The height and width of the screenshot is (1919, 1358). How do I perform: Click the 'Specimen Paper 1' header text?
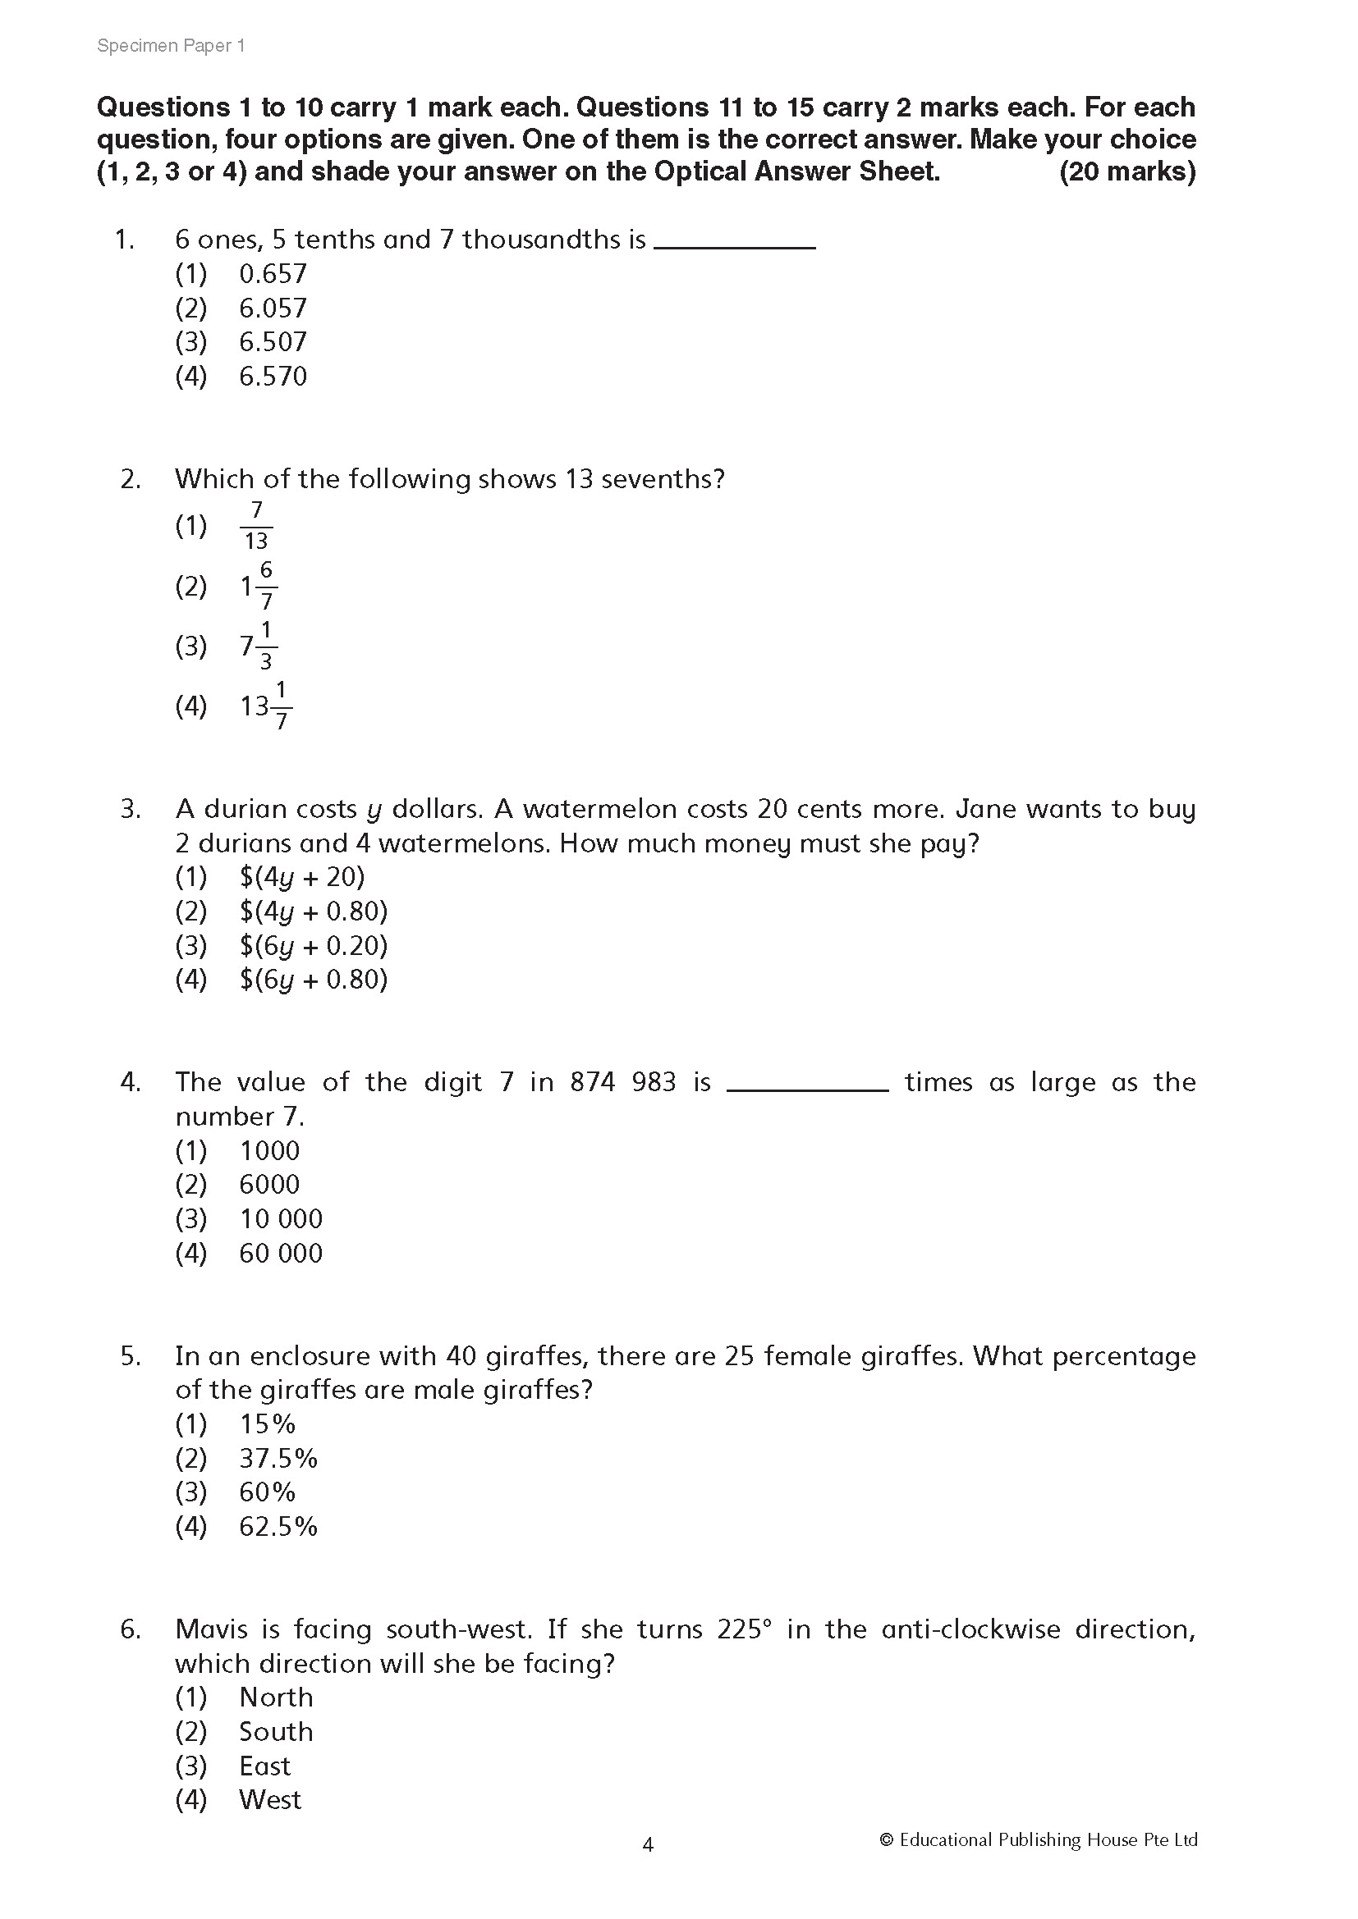tap(171, 46)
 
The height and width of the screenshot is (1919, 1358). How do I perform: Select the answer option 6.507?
tap(273, 342)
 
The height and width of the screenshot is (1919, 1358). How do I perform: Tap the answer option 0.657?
tap(273, 273)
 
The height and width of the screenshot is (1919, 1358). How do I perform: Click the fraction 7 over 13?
tap(256, 526)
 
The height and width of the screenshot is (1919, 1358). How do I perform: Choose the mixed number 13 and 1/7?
tap(266, 706)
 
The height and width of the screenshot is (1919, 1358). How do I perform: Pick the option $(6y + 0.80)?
tap(314, 980)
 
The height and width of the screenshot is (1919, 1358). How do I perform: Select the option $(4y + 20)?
tap(302, 877)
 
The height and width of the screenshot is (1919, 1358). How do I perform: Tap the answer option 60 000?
tap(280, 1254)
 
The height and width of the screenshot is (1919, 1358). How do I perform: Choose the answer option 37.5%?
tap(278, 1459)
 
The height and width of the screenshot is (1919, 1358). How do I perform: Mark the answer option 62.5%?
tap(278, 1527)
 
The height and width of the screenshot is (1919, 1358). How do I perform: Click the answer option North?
tap(276, 1697)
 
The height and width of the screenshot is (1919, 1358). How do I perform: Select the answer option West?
tap(269, 1799)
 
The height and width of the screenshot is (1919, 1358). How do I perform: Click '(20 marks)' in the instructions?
tap(1127, 171)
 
